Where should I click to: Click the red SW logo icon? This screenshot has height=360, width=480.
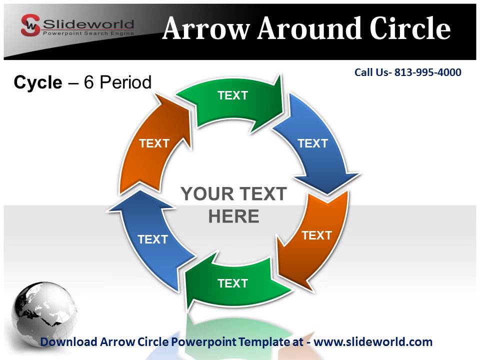30,25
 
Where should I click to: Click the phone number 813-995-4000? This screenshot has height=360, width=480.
427,72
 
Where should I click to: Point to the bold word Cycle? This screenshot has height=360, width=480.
37,82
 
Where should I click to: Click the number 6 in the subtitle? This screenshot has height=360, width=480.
89,82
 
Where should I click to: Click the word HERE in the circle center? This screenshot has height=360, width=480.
233,216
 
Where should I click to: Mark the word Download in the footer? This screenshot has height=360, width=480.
68,342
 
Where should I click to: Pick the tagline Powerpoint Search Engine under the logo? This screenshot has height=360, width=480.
88,33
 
